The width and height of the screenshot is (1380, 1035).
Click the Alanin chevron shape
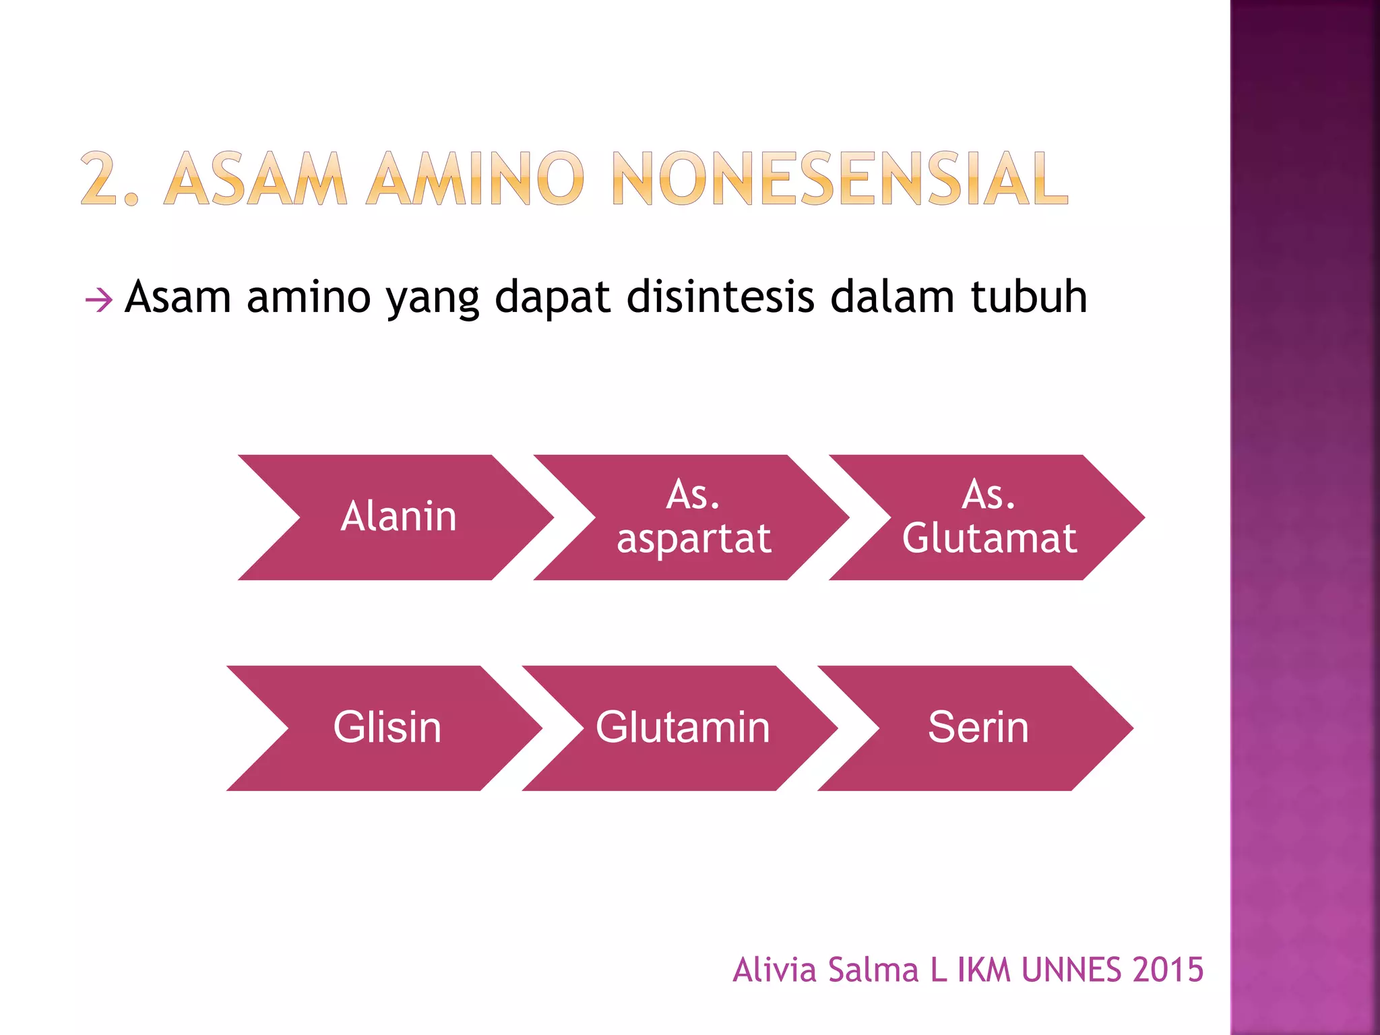tap(398, 517)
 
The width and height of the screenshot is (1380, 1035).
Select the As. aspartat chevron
tap(694, 517)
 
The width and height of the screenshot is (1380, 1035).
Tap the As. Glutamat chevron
tap(989, 517)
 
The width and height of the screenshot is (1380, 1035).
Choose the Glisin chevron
tap(387, 728)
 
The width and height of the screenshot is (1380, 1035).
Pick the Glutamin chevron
tap(682, 728)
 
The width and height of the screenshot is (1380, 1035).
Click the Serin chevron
tap(978, 728)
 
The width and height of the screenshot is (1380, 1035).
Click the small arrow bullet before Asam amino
tap(98, 300)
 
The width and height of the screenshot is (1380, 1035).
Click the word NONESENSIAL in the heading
tap(840, 178)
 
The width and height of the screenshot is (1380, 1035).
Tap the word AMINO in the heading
tap(475, 178)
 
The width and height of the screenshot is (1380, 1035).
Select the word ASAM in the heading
tap(255, 178)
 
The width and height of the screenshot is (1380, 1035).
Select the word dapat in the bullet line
tap(552, 298)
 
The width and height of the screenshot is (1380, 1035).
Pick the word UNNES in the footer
tap(1072, 970)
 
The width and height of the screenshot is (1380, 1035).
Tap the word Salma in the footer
tap(873, 970)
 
